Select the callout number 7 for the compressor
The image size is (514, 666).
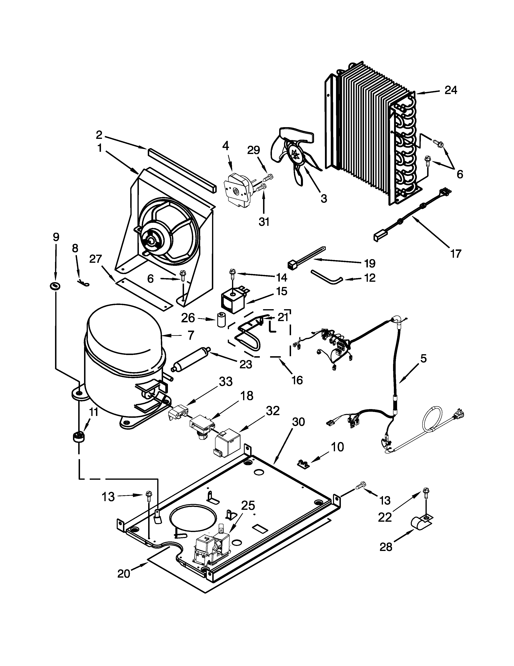click(191, 335)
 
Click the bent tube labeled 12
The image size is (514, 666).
click(326, 276)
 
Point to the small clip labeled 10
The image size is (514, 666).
click(303, 465)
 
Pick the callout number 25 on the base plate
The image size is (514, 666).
click(248, 506)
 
